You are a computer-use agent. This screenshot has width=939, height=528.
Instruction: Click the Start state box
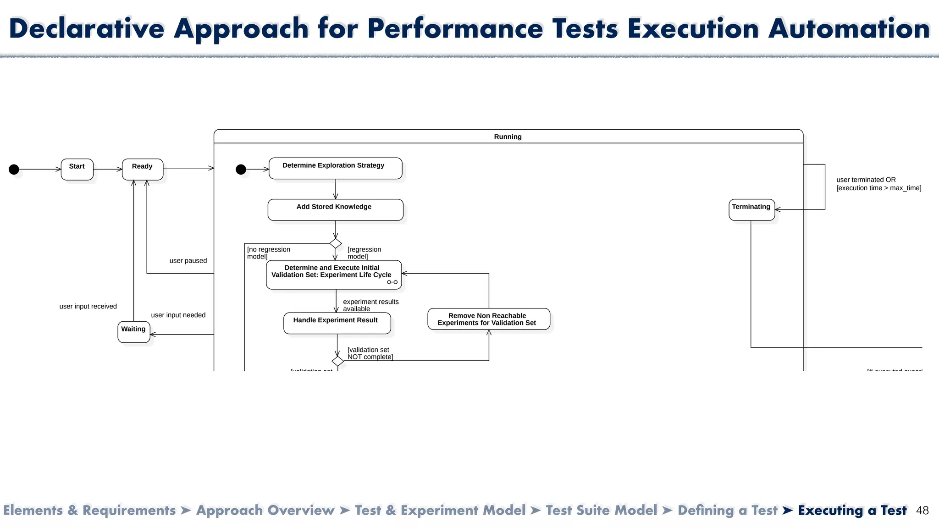click(x=77, y=169)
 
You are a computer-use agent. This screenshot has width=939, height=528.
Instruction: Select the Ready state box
click(x=143, y=169)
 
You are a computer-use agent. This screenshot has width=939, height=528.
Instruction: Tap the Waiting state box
click(x=133, y=332)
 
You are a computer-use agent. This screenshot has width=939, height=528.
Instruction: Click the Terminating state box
click(x=751, y=209)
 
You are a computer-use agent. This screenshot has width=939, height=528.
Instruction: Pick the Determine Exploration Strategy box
click(x=335, y=168)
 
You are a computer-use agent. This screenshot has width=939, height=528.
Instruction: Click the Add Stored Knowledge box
click(x=335, y=209)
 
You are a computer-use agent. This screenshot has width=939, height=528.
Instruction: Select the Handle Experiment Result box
click(x=337, y=323)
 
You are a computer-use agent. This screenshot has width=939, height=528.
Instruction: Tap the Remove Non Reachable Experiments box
click(x=488, y=319)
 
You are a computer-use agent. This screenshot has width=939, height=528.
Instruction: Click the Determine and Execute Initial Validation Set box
click(x=333, y=274)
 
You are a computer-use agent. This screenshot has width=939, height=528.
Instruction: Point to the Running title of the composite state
click(x=508, y=137)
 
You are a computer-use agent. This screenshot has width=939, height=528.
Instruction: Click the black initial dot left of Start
click(x=14, y=170)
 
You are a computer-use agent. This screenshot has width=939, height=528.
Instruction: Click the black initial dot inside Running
click(x=241, y=170)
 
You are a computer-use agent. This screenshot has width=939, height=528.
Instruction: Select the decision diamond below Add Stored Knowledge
click(x=336, y=243)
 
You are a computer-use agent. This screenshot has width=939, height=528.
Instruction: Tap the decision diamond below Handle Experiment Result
click(x=338, y=361)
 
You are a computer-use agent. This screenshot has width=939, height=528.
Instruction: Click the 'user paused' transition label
click(x=188, y=261)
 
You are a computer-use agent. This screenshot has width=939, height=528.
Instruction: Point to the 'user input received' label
click(x=88, y=307)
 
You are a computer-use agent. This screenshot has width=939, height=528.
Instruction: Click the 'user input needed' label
click(x=178, y=315)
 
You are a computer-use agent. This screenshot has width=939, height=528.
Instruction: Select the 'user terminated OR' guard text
click(x=866, y=180)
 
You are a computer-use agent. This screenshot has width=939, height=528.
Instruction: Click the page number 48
click(x=922, y=511)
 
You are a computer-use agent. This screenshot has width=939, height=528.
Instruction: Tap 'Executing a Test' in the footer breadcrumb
click(x=852, y=511)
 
